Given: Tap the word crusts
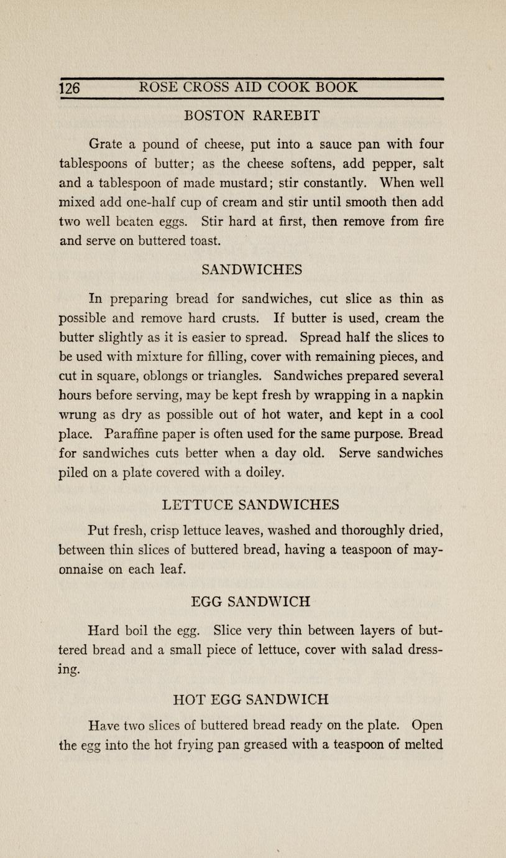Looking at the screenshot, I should (241, 319).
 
